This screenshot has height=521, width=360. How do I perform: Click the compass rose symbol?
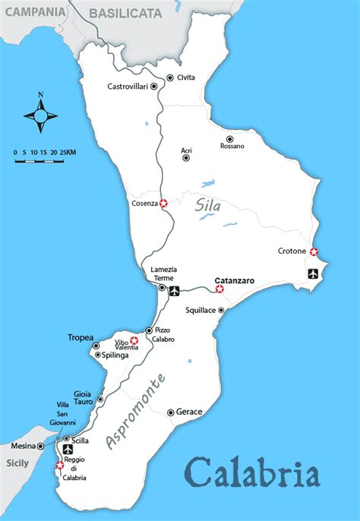pyautogui.click(x=41, y=115)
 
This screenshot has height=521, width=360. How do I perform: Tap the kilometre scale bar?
pyautogui.click(x=44, y=158)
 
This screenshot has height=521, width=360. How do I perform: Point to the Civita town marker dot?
pyautogui.click(x=169, y=77)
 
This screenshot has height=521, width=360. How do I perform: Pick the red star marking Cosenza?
pyautogui.click(x=163, y=204)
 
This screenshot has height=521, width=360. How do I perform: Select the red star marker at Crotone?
pyautogui.click(x=314, y=252)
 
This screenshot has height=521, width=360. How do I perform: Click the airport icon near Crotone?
pyautogui.click(x=313, y=273)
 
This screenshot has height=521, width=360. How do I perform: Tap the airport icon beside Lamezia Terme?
pyautogui.click(x=174, y=291)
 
